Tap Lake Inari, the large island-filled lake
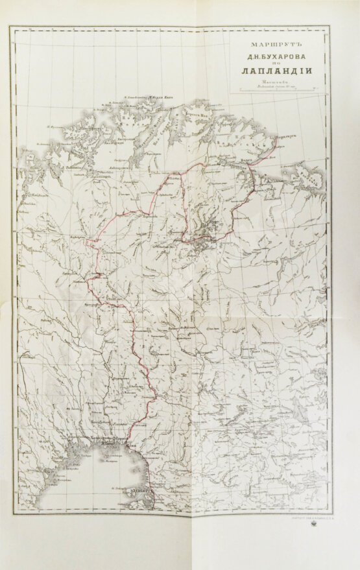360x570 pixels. pyautogui.click(x=205, y=230)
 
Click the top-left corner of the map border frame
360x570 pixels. pyautogui.click(x=18, y=27)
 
